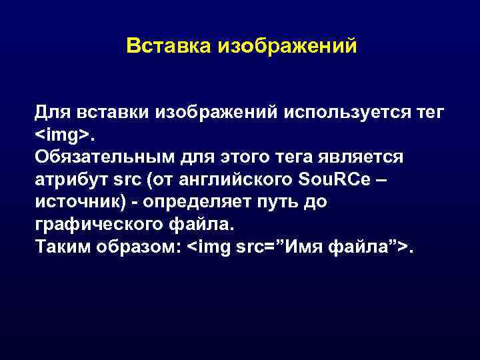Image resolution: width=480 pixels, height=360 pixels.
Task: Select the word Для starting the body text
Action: (53, 112)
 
